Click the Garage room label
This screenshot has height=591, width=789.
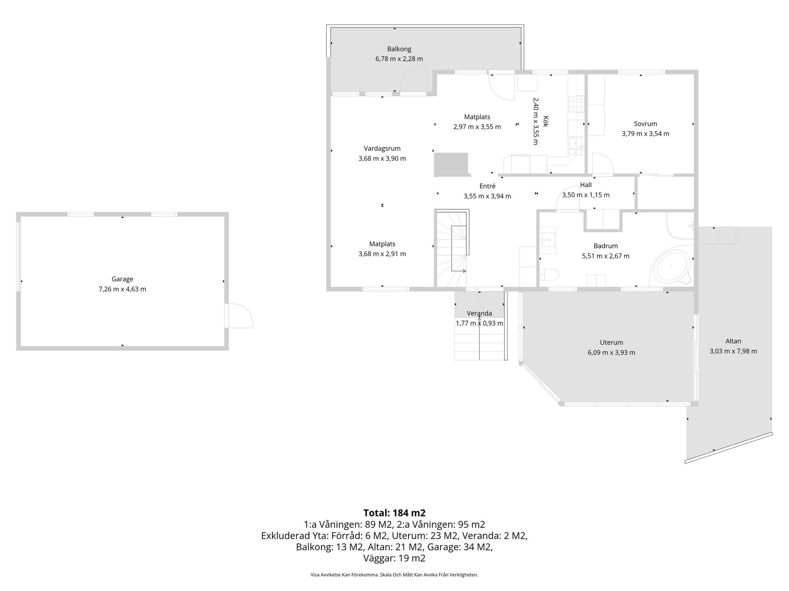pyautogui.click(x=122, y=279)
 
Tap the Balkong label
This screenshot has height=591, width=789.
pyautogui.click(x=399, y=49)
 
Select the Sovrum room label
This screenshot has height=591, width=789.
pyautogui.click(x=645, y=124)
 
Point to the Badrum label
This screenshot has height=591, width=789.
pyautogui.click(x=606, y=246)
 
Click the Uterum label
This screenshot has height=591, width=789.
pyautogui.click(x=611, y=342)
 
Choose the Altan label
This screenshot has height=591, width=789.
pyautogui.click(x=733, y=341)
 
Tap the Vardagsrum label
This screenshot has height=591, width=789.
pyautogui.click(x=382, y=149)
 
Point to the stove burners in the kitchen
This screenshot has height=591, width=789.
pyautogui.click(x=576, y=104)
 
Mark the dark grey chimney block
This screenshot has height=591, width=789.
pyautogui.click(x=451, y=164)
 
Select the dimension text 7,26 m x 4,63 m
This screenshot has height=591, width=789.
pyautogui.click(x=122, y=289)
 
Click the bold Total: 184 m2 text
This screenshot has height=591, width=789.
pyautogui.click(x=394, y=513)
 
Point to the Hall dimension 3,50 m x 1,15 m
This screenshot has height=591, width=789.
pyautogui.click(x=586, y=195)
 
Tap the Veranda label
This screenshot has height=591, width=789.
pyautogui.click(x=480, y=313)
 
